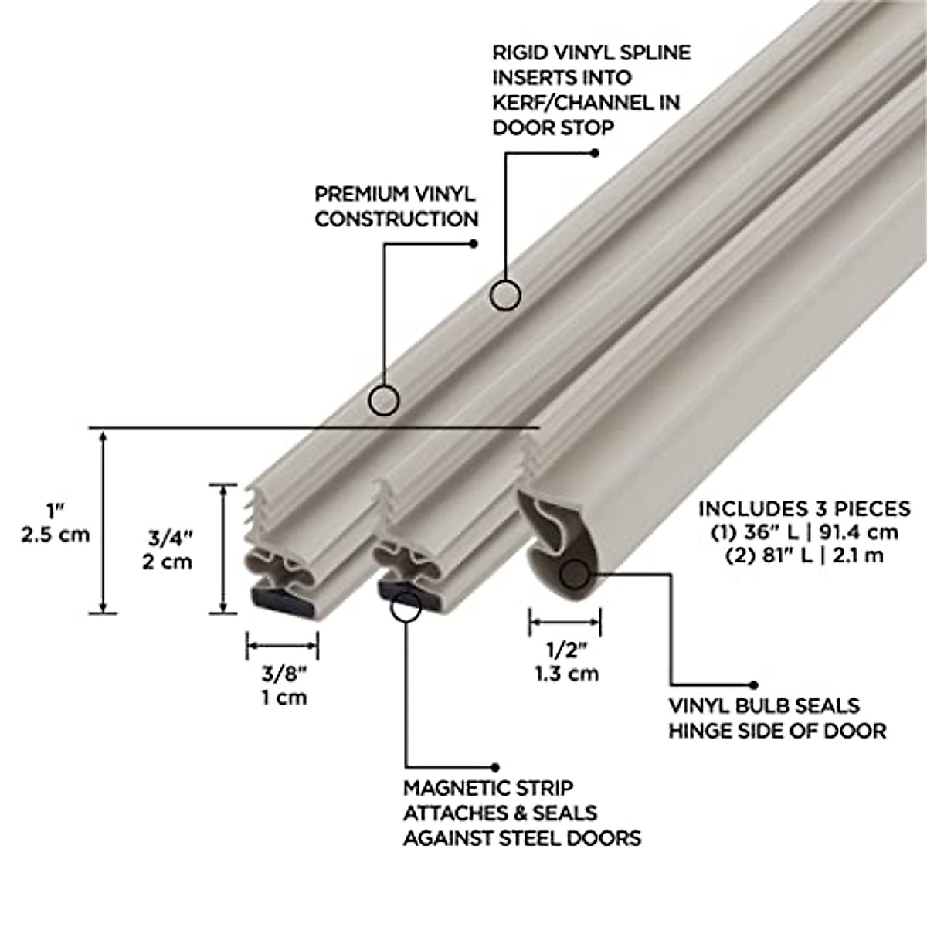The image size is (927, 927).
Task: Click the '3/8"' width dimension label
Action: tap(281, 673)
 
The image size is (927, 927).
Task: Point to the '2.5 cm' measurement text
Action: tap(56, 534)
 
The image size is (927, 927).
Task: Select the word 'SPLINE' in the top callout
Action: tap(650, 53)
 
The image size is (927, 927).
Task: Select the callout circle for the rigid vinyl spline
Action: tap(506, 295)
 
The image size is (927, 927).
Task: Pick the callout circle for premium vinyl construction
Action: tap(384, 400)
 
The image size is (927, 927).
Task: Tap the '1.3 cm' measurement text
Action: tap(566, 673)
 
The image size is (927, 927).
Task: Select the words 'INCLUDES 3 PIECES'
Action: tap(803, 508)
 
